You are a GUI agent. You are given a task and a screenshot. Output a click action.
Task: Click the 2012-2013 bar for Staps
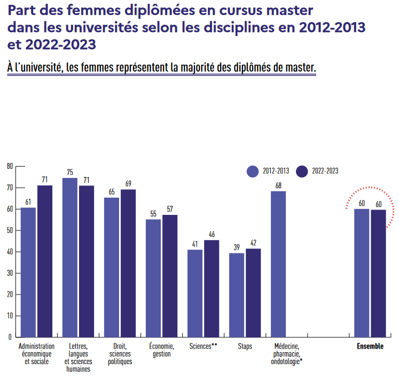tap(237, 295)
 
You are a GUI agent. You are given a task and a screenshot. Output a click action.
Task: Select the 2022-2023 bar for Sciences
tap(212, 289)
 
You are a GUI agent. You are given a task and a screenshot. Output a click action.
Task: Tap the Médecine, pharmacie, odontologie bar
tap(278, 264)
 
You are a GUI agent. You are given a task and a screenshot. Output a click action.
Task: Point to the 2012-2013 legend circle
tap(253, 171)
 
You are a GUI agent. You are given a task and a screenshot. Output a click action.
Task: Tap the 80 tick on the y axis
tap(10, 166)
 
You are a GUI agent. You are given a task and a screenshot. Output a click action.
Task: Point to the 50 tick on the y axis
tap(10, 230)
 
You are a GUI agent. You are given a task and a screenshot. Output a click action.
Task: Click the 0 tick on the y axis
tap(10, 337)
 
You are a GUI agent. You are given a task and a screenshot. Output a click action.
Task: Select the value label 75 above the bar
tap(70, 172)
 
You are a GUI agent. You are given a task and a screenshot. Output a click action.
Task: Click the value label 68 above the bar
tap(278, 185)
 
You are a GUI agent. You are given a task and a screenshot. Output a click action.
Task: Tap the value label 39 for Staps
tap(237, 247)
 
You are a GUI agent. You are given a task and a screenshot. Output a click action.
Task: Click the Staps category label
tap(245, 346)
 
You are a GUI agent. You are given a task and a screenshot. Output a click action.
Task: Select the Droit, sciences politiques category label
tap(120, 354)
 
